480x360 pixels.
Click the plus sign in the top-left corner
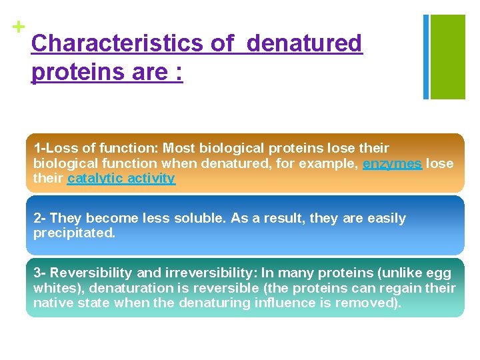(19, 27)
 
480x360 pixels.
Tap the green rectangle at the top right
(447, 57)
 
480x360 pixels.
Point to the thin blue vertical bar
(426, 57)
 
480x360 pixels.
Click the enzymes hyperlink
(392, 163)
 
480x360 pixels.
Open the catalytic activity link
(121, 179)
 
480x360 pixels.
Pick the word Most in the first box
(177, 148)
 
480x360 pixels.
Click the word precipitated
(74, 233)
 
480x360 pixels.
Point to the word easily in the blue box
(387, 218)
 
